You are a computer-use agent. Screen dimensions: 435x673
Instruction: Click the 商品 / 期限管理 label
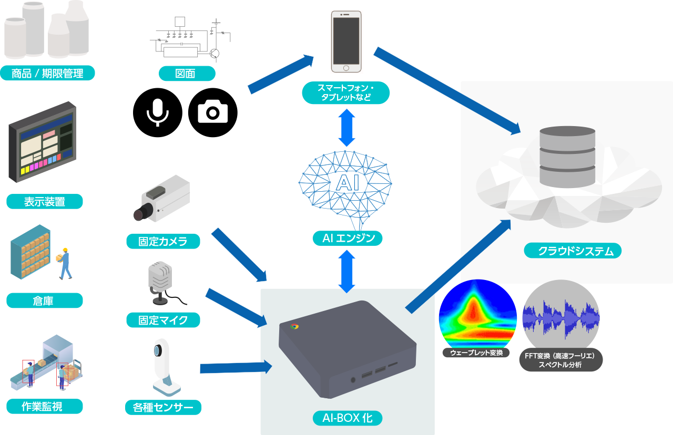[x=47, y=74]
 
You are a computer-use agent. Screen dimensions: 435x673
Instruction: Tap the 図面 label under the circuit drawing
[x=187, y=74]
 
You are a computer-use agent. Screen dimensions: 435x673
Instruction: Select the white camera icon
[x=212, y=111]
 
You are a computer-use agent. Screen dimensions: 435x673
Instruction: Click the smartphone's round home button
[x=346, y=68]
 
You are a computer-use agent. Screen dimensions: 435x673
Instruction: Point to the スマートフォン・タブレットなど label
[x=345, y=93]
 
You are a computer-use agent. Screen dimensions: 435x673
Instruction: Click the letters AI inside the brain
[x=346, y=182]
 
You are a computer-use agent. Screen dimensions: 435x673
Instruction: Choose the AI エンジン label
[x=345, y=239]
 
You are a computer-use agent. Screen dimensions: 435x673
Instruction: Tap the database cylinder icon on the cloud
[x=567, y=157]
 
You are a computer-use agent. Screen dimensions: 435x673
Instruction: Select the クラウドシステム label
[x=573, y=251]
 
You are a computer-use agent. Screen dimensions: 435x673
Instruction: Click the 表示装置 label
[x=45, y=202]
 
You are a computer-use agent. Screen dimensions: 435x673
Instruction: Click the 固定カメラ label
[x=163, y=242]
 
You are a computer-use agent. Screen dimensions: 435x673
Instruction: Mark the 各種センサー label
[x=164, y=407]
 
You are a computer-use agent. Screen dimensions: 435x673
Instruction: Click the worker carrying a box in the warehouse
[x=65, y=263]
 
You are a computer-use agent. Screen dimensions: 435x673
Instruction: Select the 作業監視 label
[x=45, y=406]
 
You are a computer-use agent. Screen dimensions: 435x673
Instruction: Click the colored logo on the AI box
[x=294, y=326]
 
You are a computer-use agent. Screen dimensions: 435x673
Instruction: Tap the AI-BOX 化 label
[x=347, y=418]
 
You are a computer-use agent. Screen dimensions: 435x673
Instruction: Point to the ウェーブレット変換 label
[x=476, y=353]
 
